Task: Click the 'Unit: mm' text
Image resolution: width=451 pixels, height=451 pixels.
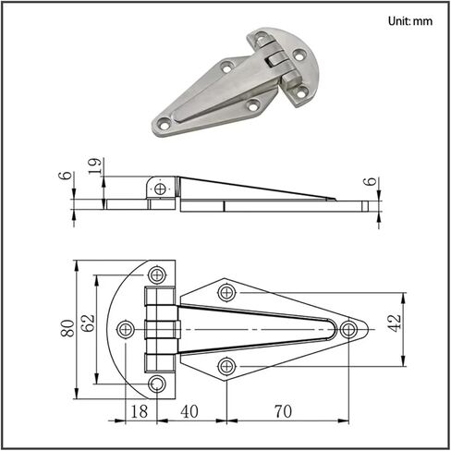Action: (x=410, y=21)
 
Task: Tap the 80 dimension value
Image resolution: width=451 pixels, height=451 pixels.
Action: (x=67, y=328)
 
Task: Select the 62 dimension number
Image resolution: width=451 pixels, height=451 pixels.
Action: (x=89, y=323)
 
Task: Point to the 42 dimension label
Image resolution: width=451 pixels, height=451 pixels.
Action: (x=394, y=323)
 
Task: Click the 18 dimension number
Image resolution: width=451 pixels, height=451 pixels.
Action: (x=140, y=411)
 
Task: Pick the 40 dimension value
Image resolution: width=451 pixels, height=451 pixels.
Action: (x=189, y=411)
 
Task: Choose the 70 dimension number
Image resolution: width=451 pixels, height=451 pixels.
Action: (x=283, y=411)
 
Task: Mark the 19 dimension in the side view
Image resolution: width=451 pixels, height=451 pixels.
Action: (x=95, y=166)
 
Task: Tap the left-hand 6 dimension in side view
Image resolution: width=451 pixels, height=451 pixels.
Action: (x=65, y=176)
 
